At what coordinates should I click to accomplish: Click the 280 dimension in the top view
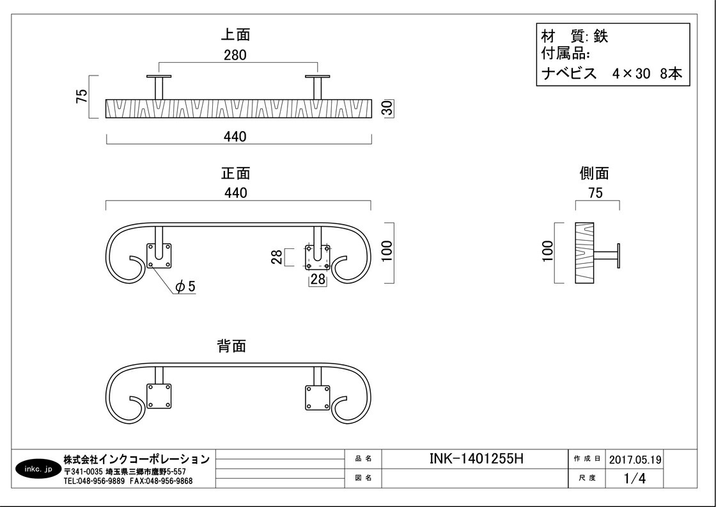click(x=235, y=55)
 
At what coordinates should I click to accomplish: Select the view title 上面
click(x=235, y=35)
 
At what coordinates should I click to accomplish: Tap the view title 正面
click(x=235, y=173)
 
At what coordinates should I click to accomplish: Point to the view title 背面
click(x=231, y=346)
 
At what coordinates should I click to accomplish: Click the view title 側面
click(x=595, y=173)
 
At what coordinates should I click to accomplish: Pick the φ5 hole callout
click(x=185, y=286)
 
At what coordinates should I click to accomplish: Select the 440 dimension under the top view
click(x=235, y=136)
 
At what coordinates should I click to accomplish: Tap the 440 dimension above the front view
click(x=235, y=193)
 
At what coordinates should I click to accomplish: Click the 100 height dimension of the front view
click(x=386, y=252)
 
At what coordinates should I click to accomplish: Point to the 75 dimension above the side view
click(x=595, y=193)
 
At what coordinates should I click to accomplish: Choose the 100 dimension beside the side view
click(x=547, y=252)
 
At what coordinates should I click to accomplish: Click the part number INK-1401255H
click(x=476, y=458)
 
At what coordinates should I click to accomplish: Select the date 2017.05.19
click(x=635, y=459)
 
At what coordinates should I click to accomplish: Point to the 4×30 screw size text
click(x=630, y=74)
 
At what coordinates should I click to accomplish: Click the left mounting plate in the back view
click(x=159, y=396)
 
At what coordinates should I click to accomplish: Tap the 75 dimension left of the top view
click(x=81, y=96)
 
